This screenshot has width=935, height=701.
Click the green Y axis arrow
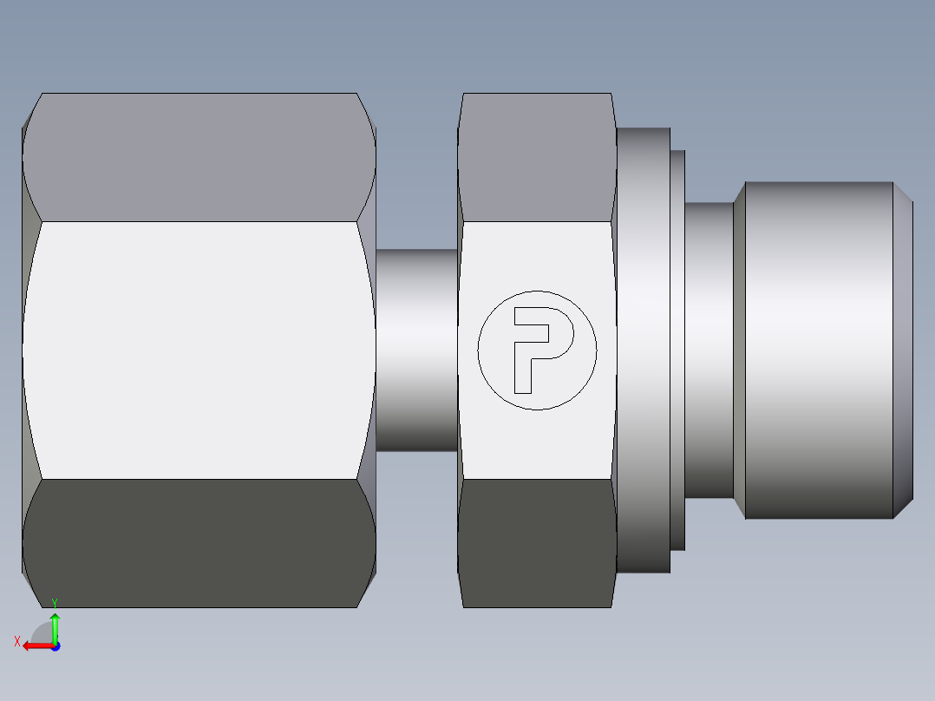(x=55, y=627)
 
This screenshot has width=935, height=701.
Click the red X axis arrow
(x=38, y=646)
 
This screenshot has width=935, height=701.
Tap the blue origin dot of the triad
(x=56, y=646)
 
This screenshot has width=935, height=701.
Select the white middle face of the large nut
(x=199, y=350)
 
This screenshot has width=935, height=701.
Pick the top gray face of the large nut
(x=199, y=157)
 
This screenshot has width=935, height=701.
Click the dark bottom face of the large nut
(x=199, y=543)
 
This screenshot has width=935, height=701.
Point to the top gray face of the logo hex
(x=537, y=157)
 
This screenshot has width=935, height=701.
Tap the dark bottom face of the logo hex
(x=537, y=543)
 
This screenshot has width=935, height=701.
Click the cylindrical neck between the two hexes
(x=417, y=350)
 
